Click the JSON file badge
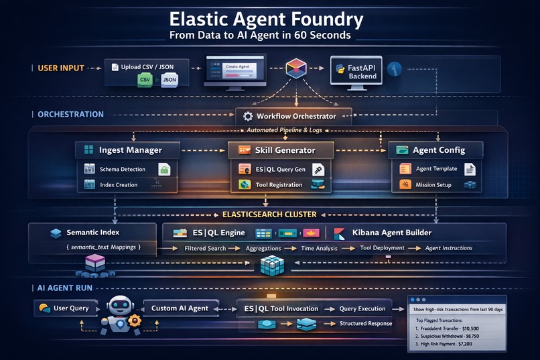click(x=170, y=80)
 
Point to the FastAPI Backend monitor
click(x=356, y=70)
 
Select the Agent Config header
click(x=440, y=150)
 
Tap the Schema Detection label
click(x=123, y=170)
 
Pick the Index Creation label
click(x=119, y=185)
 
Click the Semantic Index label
click(x=93, y=233)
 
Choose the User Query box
click(x=70, y=308)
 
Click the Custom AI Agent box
click(x=180, y=308)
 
